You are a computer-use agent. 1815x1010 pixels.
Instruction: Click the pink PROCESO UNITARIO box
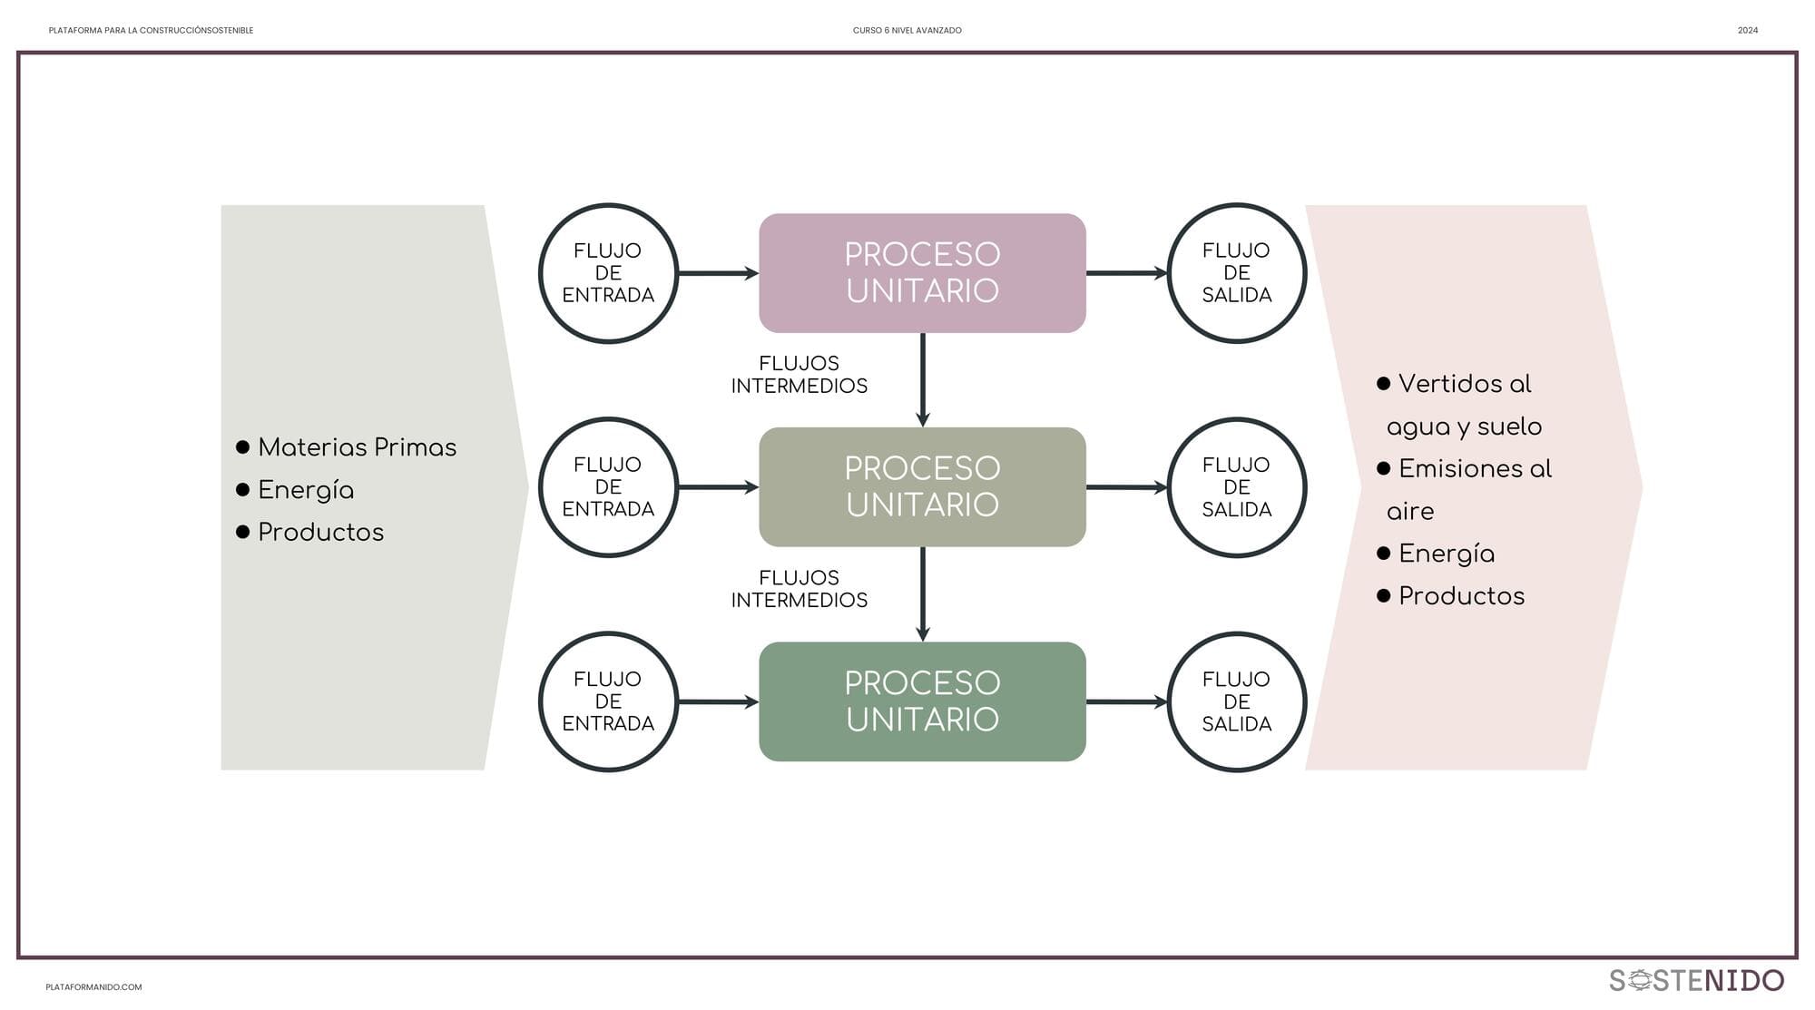point(922,272)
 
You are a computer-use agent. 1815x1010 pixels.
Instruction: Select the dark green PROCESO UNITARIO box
point(922,701)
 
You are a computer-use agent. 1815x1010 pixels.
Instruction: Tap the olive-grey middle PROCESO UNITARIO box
point(922,487)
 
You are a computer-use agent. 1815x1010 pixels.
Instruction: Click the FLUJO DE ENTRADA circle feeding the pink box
point(608,273)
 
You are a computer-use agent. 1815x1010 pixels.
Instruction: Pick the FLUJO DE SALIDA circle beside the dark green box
point(1236,701)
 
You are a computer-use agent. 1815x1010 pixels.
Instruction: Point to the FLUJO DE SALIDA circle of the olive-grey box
point(1236,487)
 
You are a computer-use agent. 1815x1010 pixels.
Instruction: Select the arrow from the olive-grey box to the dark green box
point(923,594)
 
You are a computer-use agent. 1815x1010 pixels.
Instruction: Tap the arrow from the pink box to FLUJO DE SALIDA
point(1126,273)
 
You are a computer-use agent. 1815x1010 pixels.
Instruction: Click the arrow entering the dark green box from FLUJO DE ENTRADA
point(718,701)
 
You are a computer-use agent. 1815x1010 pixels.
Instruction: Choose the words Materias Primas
point(357,447)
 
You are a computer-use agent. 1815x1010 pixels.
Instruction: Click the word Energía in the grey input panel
point(306,490)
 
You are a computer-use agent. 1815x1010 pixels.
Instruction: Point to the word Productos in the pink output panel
point(1461,596)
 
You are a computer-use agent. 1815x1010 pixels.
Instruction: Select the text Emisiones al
point(1475,469)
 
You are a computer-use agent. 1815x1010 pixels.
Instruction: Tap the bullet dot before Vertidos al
point(1384,384)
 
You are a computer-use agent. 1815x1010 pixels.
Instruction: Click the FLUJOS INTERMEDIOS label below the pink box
point(799,375)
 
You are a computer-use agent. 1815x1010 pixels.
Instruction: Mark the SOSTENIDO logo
point(1696,980)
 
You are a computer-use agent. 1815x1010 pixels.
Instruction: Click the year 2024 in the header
point(1748,31)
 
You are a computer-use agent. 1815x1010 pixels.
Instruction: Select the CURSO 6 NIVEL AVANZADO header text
point(907,31)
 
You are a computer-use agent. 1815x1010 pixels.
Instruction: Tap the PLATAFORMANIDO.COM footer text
point(93,987)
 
